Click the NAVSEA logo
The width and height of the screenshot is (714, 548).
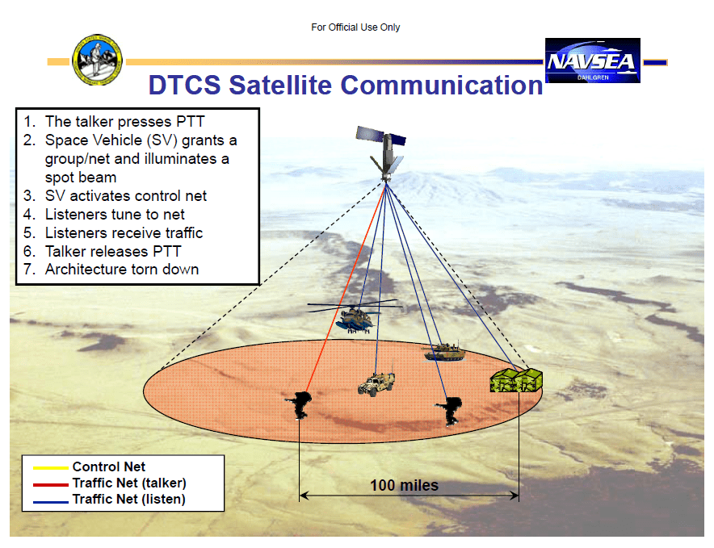pyautogui.click(x=592, y=61)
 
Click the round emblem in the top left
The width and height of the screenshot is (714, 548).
pyautogui.click(x=98, y=61)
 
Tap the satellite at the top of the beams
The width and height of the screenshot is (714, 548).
pyautogui.click(x=385, y=151)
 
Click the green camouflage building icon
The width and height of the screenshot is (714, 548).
pyautogui.click(x=516, y=379)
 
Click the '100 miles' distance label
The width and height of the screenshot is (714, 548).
pyautogui.click(x=404, y=485)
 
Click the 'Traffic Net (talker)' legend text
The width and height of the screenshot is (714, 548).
pyautogui.click(x=129, y=483)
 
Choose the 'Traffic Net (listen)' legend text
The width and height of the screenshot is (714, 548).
pyautogui.click(x=128, y=499)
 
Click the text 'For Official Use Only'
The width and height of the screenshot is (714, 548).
pyautogui.click(x=355, y=27)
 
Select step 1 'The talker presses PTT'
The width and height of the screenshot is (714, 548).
pyautogui.click(x=124, y=122)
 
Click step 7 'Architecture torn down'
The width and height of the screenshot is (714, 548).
pyautogui.click(x=121, y=269)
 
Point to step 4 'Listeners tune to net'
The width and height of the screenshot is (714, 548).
pyautogui.click(x=115, y=214)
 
